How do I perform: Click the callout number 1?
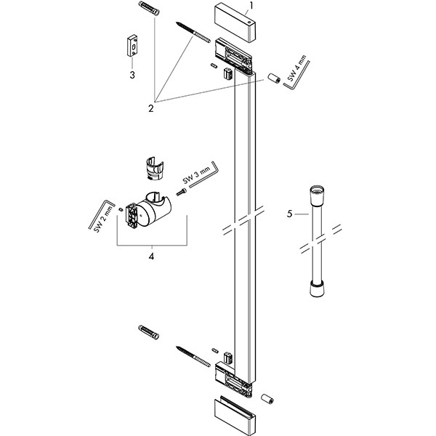pos(251,5)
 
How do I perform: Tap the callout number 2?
pos(151,108)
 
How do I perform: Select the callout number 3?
pos(132,75)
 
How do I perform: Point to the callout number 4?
pos(151,257)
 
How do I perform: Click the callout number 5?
pos(290,214)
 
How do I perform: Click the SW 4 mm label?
pos(297,68)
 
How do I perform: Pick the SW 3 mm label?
pos(196,176)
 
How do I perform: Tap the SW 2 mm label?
pos(104,219)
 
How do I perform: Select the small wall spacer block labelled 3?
pos(133,46)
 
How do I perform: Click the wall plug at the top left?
pos(149,8)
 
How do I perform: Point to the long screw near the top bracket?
pos(193,33)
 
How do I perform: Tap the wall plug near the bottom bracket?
pos(148,332)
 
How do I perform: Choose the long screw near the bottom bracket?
pos(193,357)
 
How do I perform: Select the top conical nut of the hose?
pos(316,195)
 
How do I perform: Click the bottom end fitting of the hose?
pos(317,289)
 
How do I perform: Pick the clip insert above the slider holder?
pos(155,169)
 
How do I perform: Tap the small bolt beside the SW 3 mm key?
pos(181,192)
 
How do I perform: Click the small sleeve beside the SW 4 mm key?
pos(274,78)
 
